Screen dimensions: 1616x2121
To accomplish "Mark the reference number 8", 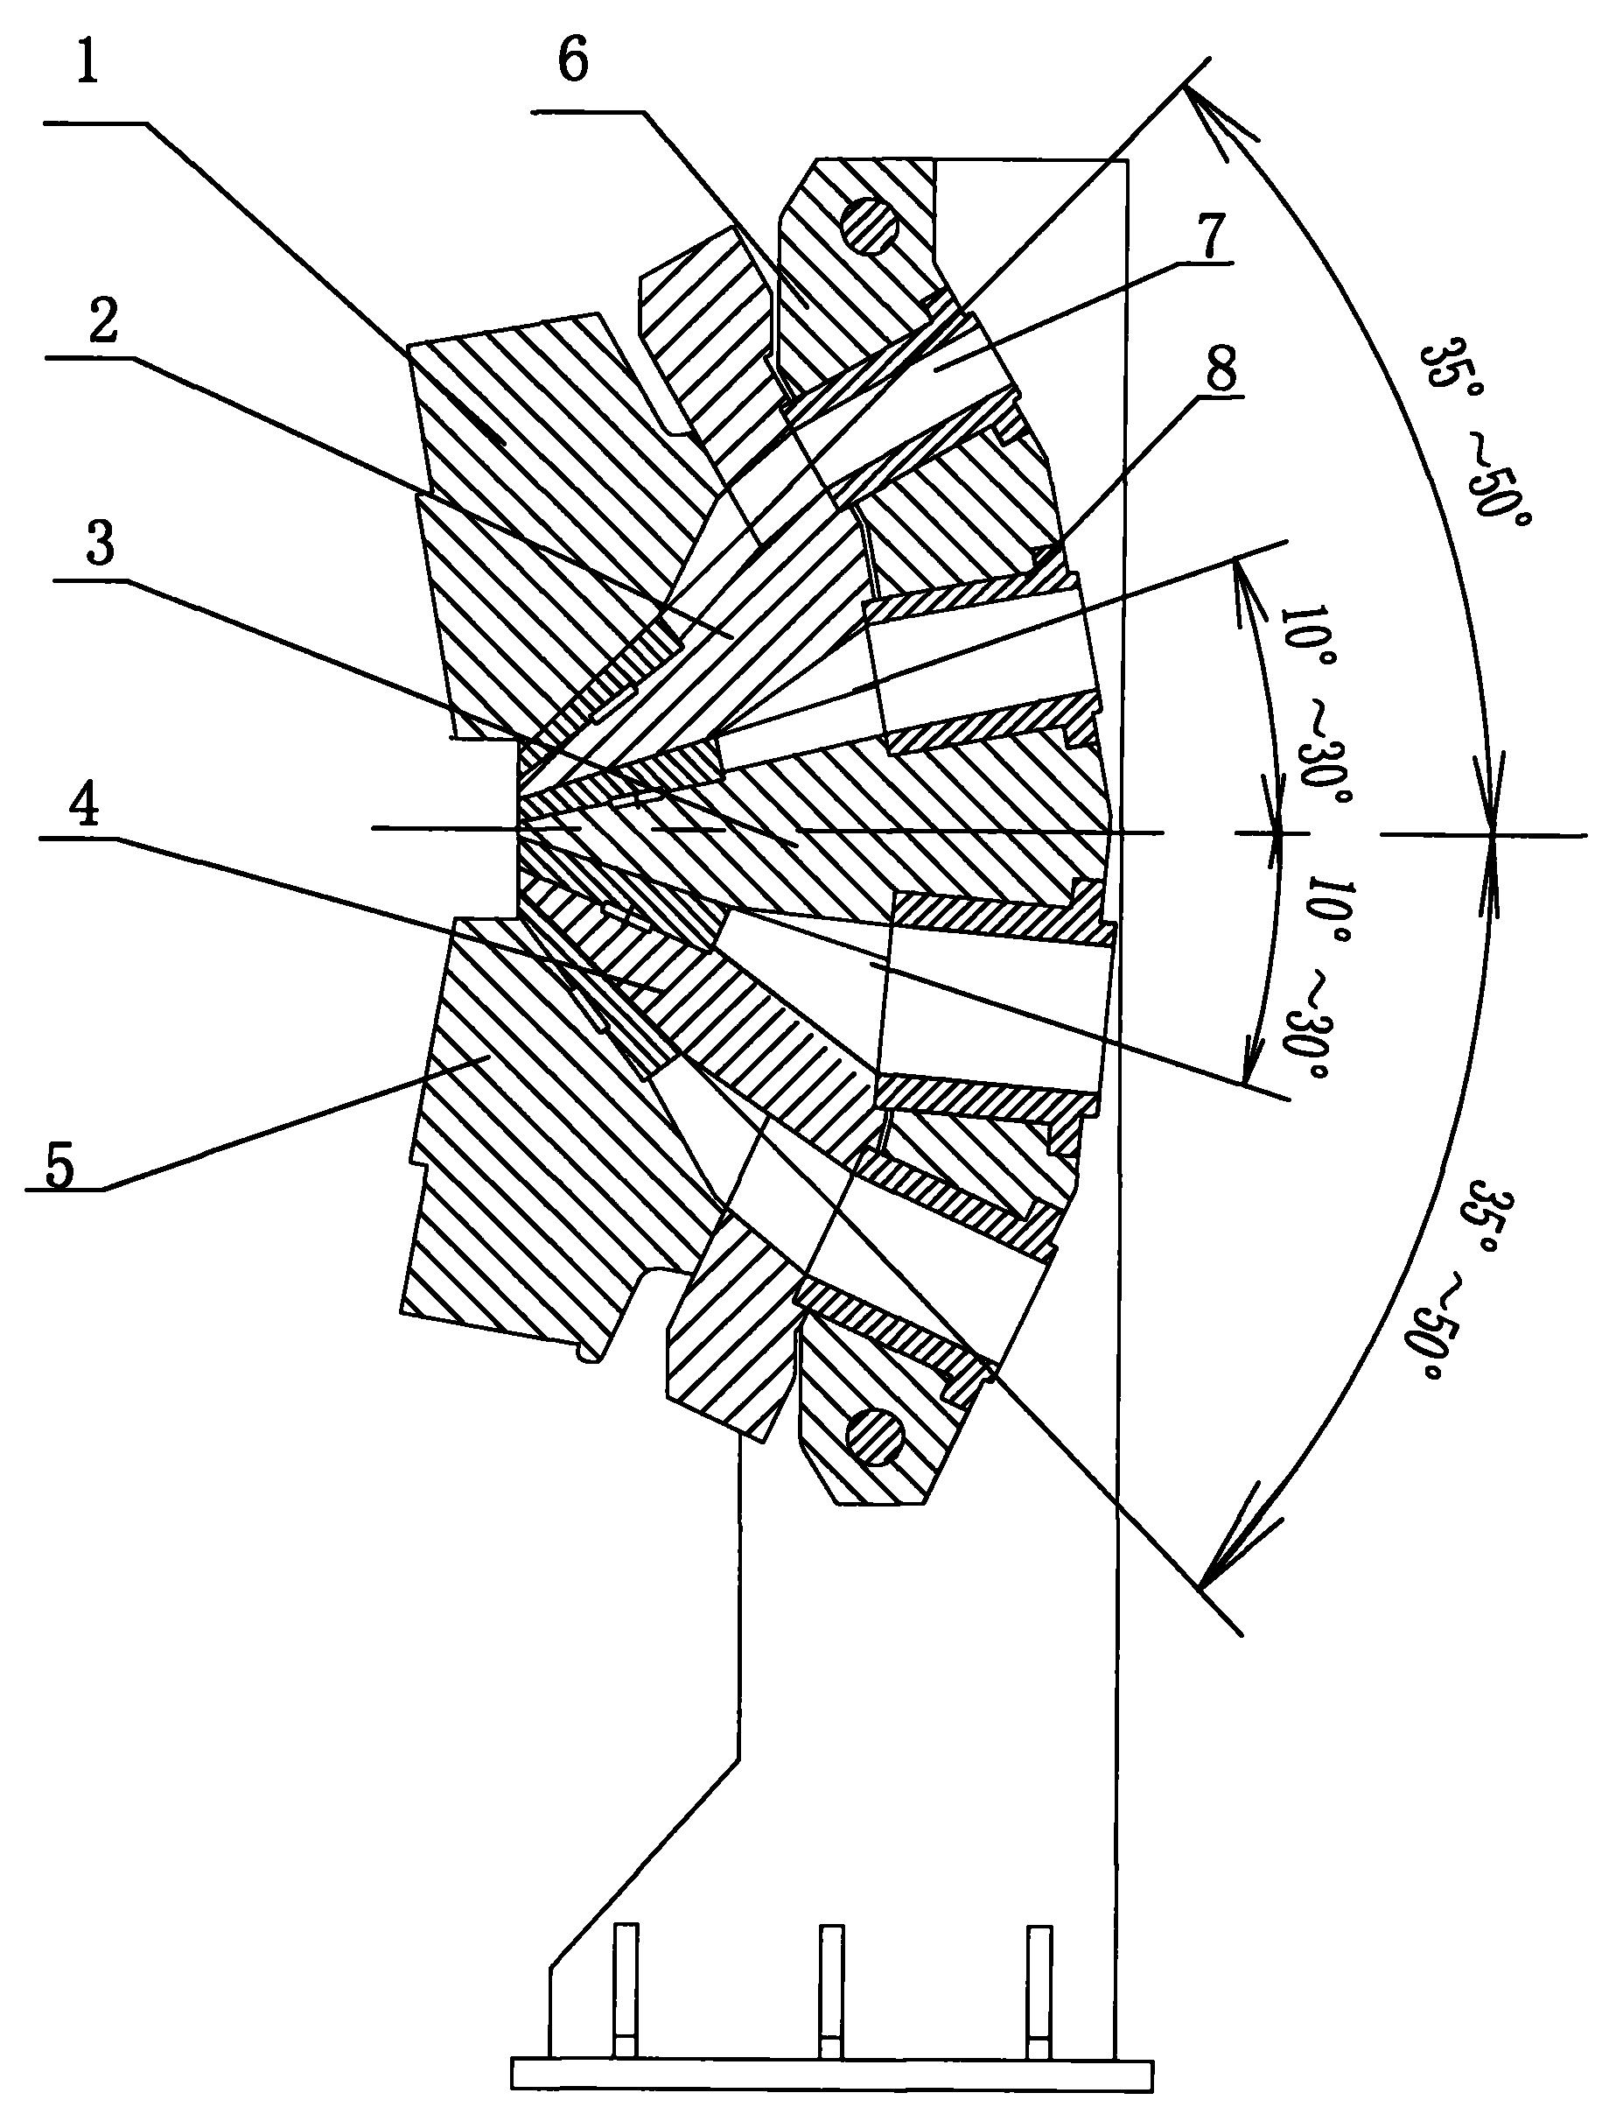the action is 1219,367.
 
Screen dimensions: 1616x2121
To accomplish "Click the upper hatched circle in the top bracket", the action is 869,227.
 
